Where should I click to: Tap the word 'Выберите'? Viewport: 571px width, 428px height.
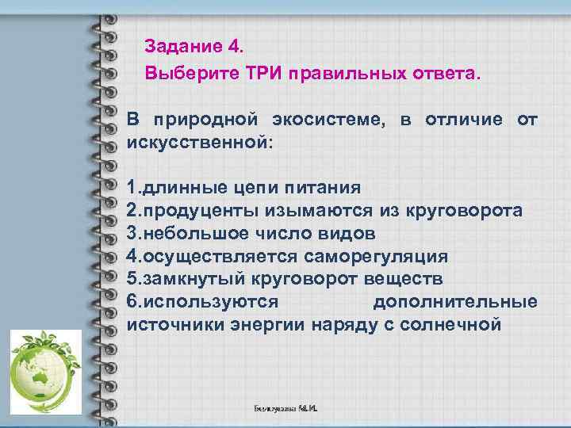[x=182, y=74]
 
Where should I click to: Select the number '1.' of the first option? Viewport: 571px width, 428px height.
[x=135, y=188]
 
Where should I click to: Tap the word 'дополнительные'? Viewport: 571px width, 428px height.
[x=454, y=302]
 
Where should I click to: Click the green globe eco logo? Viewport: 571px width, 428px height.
[x=45, y=373]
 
